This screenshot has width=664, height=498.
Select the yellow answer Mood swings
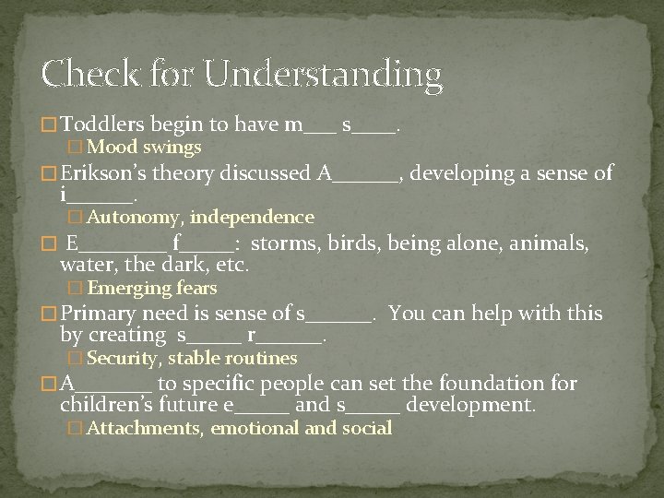tap(145, 148)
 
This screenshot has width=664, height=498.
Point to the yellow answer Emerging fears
tap(152, 289)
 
